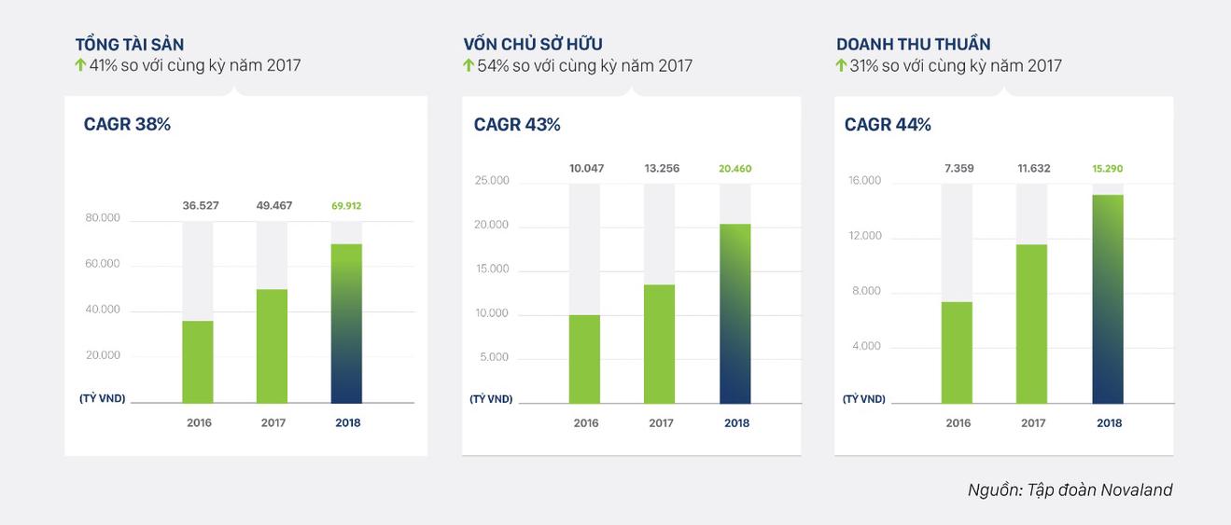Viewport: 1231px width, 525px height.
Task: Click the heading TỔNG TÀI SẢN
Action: pyautogui.click(x=130, y=44)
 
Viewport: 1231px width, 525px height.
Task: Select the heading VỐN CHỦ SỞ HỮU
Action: pyautogui.click(x=533, y=44)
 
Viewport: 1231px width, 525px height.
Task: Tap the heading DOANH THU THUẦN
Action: pyautogui.click(x=914, y=44)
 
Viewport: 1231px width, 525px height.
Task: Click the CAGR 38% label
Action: pyautogui.click(x=127, y=124)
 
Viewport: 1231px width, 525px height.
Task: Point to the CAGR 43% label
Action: pyautogui.click(x=517, y=124)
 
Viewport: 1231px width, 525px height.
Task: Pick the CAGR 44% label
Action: pyautogui.click(x=888, y=124)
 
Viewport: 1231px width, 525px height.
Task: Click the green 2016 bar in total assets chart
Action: pyautogui.click(x=198, y=362)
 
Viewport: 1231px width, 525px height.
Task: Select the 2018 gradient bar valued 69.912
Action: pyautogui.click(x=347, y=323)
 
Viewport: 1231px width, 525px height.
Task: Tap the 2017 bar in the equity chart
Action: pyautogui.click(x=660, y=343)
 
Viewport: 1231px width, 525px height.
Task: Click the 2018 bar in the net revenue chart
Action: pyautogui.click(x=1109, y=298)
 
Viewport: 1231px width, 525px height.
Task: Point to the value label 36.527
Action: pyautogui.click(x=201, y=205)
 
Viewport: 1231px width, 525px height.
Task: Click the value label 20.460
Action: pyautogui.click(x=735, y=169)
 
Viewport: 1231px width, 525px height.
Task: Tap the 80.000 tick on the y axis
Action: pyautogui.click(x=103, y=218)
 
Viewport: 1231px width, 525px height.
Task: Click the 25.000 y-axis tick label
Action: pyautogui.click(x=492, y=180)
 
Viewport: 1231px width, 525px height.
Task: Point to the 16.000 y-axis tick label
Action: pyautogui.click(x=864, y=180)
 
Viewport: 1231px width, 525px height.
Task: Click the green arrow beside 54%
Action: pyautogui.click(x=469, y=65)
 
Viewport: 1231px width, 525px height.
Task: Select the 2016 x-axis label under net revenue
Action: pyautogui.click(x=958, y=422)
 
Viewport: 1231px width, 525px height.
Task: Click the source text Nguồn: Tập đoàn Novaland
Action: pyautogui.click(x=1070, y=490)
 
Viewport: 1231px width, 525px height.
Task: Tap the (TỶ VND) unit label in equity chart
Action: pyautogui.click(x=491, y=399)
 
